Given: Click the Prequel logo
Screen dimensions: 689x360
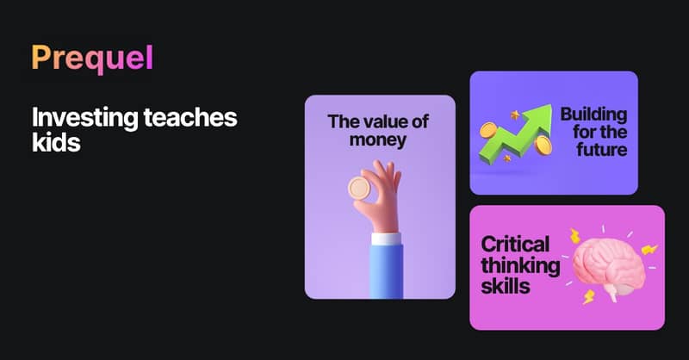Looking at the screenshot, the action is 92,59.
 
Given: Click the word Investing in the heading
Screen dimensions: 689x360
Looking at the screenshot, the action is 84,119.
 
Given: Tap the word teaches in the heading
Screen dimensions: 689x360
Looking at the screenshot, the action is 190,118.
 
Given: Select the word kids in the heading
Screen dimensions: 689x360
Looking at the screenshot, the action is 56,142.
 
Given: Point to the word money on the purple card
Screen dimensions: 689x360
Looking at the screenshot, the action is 378,140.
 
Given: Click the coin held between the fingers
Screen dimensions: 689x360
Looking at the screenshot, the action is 359,188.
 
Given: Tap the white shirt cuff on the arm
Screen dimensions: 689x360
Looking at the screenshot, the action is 386,239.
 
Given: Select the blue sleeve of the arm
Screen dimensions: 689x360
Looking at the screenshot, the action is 386,271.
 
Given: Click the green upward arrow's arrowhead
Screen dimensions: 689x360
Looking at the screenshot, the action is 539,118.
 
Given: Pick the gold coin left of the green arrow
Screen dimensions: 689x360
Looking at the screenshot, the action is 487,130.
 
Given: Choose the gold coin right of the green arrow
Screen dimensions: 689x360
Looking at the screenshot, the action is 543,145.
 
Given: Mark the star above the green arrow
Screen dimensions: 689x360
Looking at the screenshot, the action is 514,115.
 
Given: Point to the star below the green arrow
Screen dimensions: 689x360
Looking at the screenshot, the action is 507,158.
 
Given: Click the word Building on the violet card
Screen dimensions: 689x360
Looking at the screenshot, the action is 593,115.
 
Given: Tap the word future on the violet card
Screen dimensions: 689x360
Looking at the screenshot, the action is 601,150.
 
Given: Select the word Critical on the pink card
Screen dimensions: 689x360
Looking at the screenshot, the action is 515,245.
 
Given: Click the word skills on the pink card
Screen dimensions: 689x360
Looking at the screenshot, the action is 506,286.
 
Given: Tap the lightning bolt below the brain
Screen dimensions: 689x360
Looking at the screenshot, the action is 588,297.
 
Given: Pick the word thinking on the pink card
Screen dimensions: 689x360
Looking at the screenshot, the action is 521,266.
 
